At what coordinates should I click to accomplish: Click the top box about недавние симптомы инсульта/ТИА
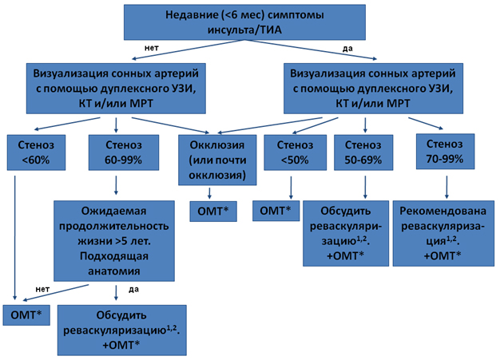[x=244, y=22]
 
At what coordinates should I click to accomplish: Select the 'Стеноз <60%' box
[x=37, y=152]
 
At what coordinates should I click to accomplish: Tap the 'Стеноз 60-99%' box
[x=124, y=152]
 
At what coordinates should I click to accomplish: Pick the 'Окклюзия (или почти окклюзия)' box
[x=217, y=160]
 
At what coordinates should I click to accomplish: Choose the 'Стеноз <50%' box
[x=296, y=152]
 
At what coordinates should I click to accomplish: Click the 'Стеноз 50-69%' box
[x=363, y=152]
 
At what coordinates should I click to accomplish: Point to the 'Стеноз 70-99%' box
[x=445, y=152]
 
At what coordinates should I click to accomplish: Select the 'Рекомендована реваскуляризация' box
[x=443, y=234]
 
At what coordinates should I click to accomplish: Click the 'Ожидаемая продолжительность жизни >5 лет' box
[x=114, y=241]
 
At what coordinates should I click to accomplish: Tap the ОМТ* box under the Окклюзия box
[x=213, y=212]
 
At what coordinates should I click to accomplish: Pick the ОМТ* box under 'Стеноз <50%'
[x=276, y=211]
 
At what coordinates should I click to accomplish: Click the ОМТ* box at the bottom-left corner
[x=26, y=315]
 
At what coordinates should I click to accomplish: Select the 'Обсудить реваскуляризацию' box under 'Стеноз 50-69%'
[x=346, y=234]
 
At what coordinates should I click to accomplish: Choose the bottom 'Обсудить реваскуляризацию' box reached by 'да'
[x=122, y=330]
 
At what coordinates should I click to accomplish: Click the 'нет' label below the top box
[x=152, y=48]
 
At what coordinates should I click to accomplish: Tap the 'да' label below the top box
[x=347, y=49]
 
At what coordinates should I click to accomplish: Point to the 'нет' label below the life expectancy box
[x=42, y=289]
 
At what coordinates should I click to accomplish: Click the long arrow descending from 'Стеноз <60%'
[x=14, y=238]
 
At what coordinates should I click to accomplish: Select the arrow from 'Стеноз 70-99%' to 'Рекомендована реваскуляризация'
[x=446, y=187]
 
